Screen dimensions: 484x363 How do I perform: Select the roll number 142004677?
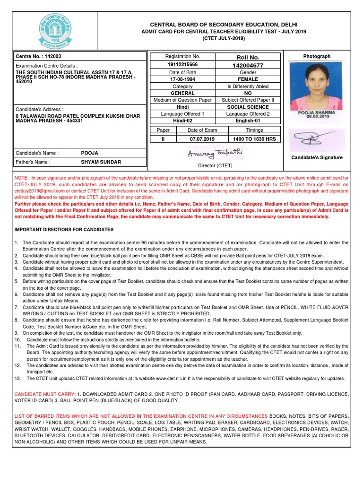[x=248, y=65]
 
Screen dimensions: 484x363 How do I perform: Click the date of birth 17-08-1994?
[x=182, y=79]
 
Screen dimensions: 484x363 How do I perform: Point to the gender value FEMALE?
[x=248, y=79]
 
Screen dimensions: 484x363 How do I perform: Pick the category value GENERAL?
[x=182, y=93]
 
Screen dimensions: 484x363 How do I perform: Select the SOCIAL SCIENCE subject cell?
[x=248, y=107]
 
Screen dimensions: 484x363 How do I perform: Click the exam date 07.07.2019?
[x=202, y=139]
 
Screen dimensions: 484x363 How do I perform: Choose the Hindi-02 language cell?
[x=182, y=121]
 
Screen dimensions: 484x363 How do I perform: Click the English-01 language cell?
[x=248, y=121]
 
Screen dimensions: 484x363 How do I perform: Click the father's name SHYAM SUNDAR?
[x=101, y=162]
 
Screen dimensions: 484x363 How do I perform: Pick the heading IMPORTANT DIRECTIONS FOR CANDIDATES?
[x=64, y=229]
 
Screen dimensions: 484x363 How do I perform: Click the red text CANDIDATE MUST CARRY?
[x=44, y=394]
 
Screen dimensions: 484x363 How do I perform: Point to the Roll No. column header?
[x=248, y=57]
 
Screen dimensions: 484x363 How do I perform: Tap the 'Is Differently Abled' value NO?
[x=248, y=93]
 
